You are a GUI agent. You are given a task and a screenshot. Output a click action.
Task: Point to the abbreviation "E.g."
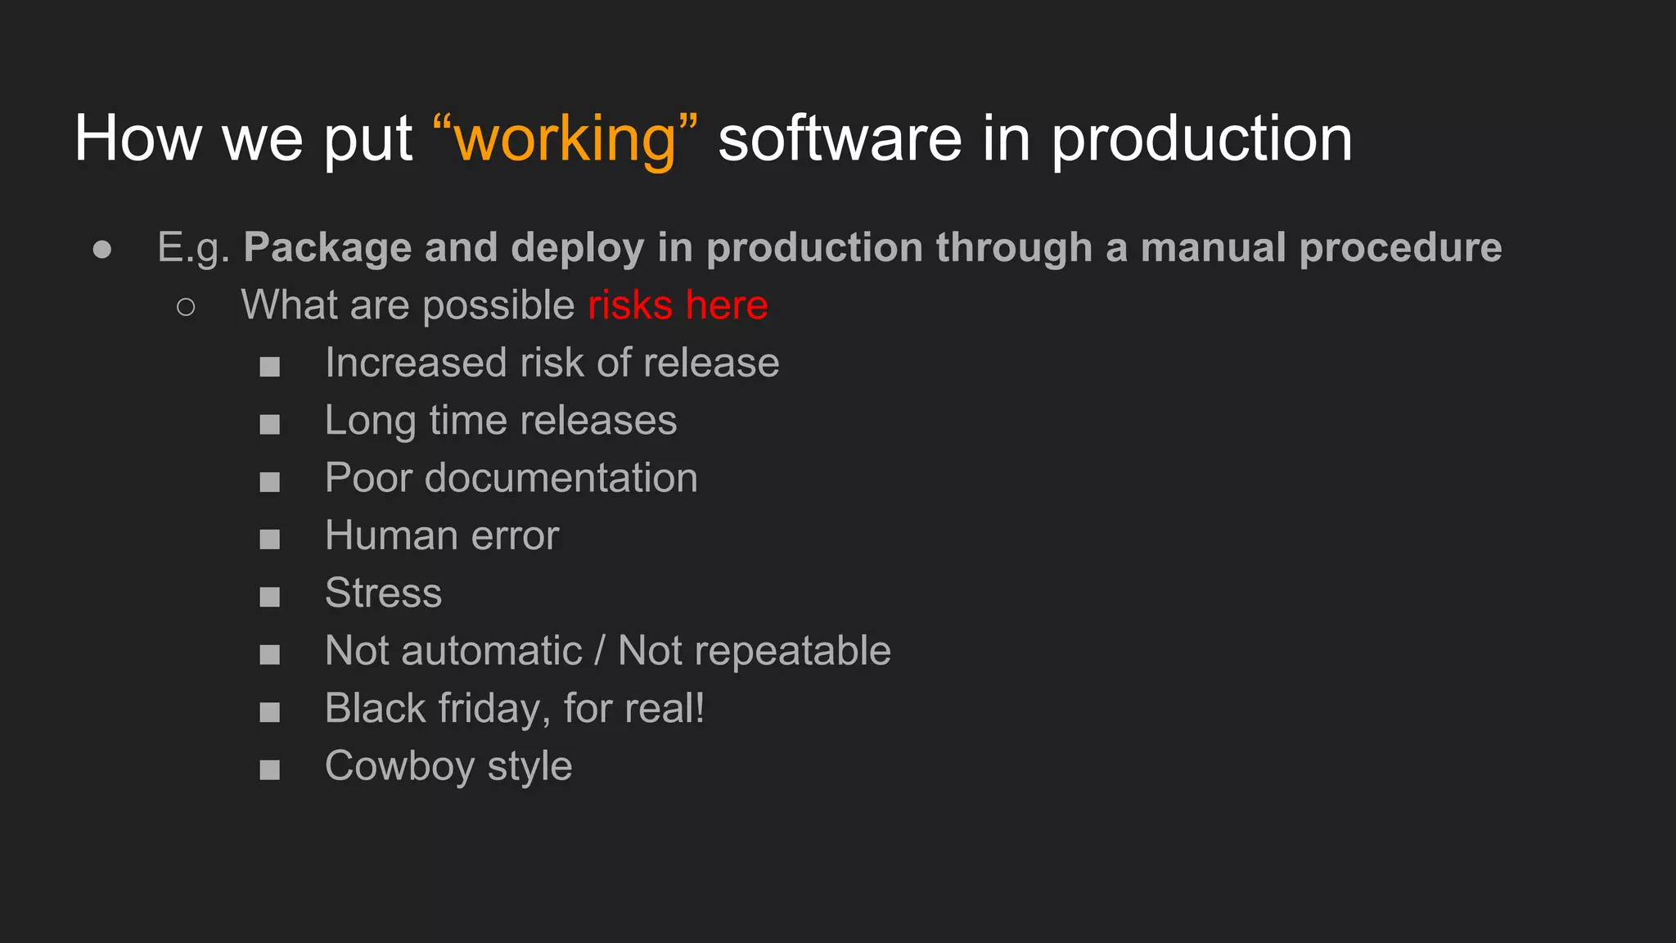point(193,248)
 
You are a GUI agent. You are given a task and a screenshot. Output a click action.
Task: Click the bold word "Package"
point(327,248)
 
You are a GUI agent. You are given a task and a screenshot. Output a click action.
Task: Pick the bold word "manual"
point(1212,248)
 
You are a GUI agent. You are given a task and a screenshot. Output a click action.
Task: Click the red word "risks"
point(630,305)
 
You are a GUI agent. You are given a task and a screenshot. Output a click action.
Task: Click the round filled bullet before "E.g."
point(102,249)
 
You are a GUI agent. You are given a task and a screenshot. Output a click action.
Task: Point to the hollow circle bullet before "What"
point(186,307)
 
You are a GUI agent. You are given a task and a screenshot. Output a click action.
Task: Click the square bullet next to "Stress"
point(270,597)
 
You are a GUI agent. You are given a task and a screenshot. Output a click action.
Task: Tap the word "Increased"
point(416,363)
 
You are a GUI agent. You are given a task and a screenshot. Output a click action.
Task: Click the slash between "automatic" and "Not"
point(600,651)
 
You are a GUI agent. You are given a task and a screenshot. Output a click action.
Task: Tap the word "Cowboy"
point(399,766)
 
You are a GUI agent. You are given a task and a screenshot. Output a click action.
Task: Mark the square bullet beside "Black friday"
point(270,712)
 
